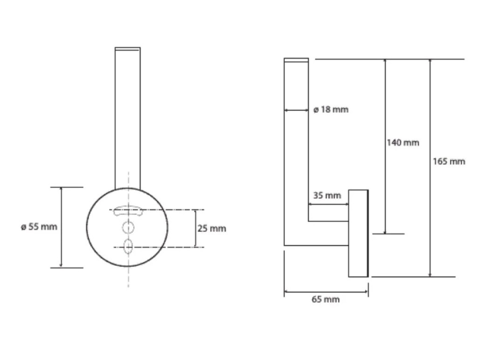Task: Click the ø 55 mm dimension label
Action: click(x=39, y=227)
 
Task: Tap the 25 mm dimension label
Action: click(x=212, y=228)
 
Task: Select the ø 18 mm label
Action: click(x=331, y=110)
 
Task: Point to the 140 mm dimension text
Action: click(x=403, y=143)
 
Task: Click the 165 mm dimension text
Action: click(x=449, y=161)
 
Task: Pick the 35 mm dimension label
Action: click(x=327, y=195)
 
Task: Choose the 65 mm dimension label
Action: click(x=325, y=299)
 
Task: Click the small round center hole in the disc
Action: click(x=128, y=228)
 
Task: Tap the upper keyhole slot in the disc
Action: click(x=128, y=211)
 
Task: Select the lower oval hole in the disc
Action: click(x=128, y=247)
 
